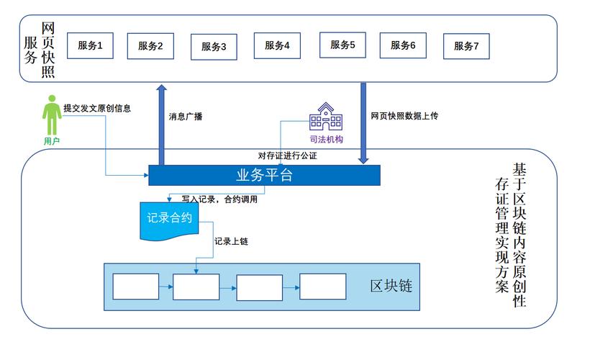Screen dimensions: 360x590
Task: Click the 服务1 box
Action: [90, 45]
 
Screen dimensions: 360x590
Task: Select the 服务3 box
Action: [214, 47]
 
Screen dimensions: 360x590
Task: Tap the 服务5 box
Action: [342, 44]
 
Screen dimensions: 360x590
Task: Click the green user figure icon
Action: [52, 114]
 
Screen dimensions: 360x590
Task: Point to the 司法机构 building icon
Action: [326, 116]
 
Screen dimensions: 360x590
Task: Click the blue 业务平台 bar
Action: [264, 175]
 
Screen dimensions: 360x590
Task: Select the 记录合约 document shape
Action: [169, 220]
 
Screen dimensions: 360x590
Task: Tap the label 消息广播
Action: [186, 116]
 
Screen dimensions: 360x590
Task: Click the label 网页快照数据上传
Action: [404, 115]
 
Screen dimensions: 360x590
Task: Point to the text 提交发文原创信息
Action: [97, 109]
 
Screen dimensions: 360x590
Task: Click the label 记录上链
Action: [231, 241]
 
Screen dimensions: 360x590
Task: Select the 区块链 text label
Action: [391, 286]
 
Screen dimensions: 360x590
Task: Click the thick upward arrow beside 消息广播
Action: [161, 122]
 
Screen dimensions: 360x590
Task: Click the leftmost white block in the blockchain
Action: [136, 287]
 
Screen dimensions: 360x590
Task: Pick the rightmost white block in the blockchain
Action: [322, 287]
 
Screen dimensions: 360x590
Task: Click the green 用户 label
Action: [52, 141]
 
